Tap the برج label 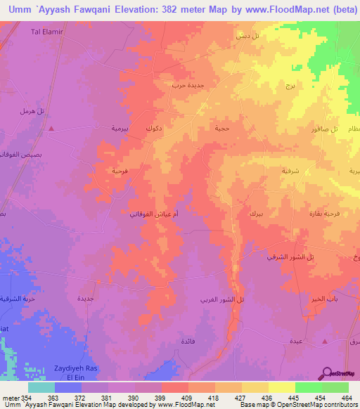click(290, 86)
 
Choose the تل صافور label click(325, 129)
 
